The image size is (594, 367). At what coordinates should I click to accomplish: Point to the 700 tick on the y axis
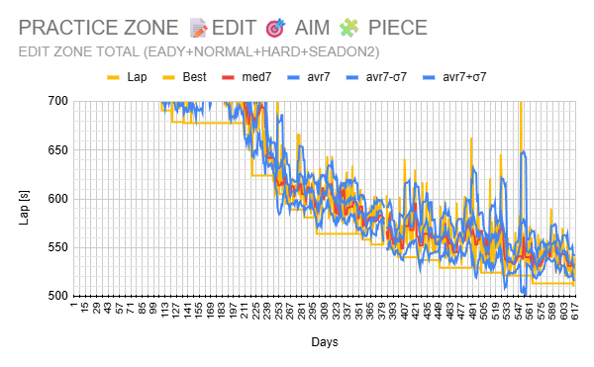click(x=56, y=101)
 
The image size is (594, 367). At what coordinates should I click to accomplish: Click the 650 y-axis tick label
click(x=56, y=150)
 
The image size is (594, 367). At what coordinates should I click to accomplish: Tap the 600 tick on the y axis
click(x=56, y=199)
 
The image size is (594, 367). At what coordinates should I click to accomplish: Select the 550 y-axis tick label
click(x=56, y=247)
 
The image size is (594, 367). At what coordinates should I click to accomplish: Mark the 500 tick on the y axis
click(x=56, y=296)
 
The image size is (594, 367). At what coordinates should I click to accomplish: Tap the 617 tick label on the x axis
click(x=573, y=311)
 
